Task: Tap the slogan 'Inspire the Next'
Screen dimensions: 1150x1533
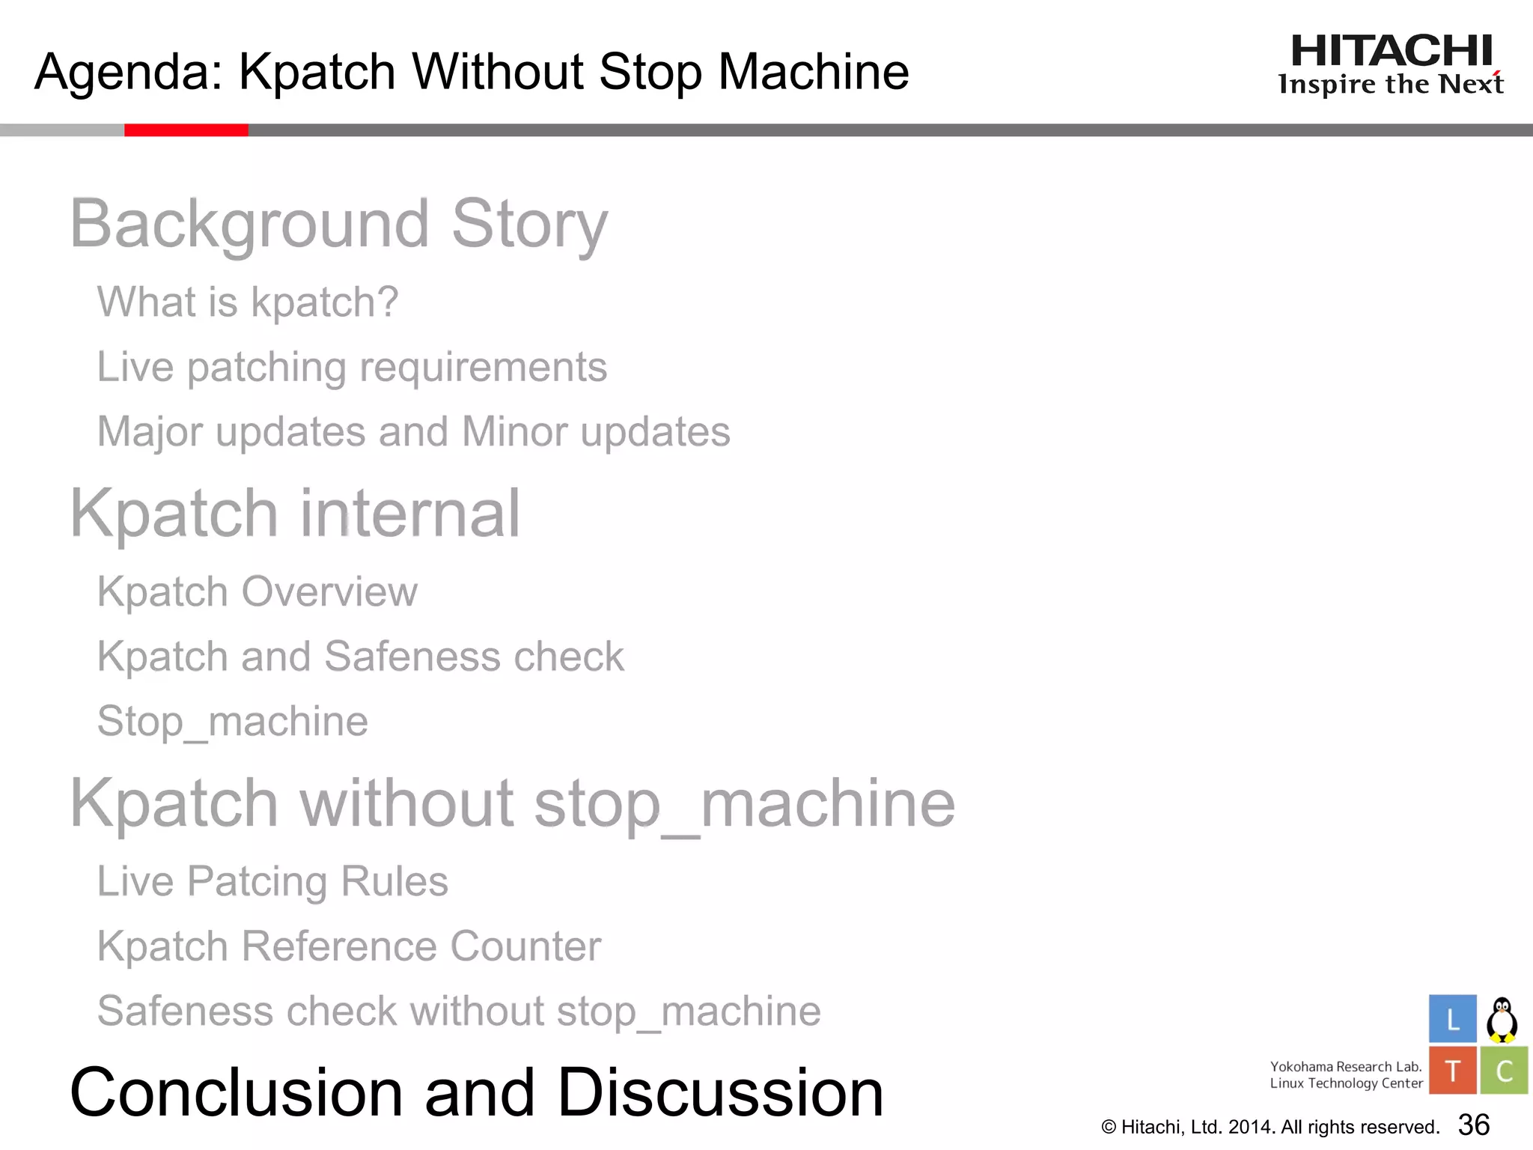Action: coord(1391,84)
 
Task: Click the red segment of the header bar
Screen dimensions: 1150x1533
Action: coord(186,130)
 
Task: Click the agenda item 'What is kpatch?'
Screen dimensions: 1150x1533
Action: coord(248,302)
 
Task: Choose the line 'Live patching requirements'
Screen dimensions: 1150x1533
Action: coord(352,367)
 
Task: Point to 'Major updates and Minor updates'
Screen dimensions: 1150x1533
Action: coord(414,432)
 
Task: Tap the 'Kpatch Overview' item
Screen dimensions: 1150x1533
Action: coord(257,591)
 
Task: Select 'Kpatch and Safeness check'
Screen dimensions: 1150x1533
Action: coord(361,657)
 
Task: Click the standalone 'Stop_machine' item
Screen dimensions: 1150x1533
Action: coord(233,721)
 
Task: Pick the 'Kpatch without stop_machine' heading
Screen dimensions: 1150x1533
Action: coord(513,803)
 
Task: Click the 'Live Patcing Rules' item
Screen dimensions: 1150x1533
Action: coord(272,881)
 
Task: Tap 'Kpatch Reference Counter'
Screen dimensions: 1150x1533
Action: coord(350,946)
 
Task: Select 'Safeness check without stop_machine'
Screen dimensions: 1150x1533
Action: coord(459,1011)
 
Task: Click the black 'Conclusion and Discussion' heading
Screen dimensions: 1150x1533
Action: coord(477,1092)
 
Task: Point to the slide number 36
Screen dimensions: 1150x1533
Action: coord(1474,1125)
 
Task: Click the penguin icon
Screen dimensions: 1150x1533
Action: coord(1502,1019)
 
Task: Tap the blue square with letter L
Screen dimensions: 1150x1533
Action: coord(1452,1018)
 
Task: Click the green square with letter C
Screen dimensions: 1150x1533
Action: coord(1504,1071)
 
